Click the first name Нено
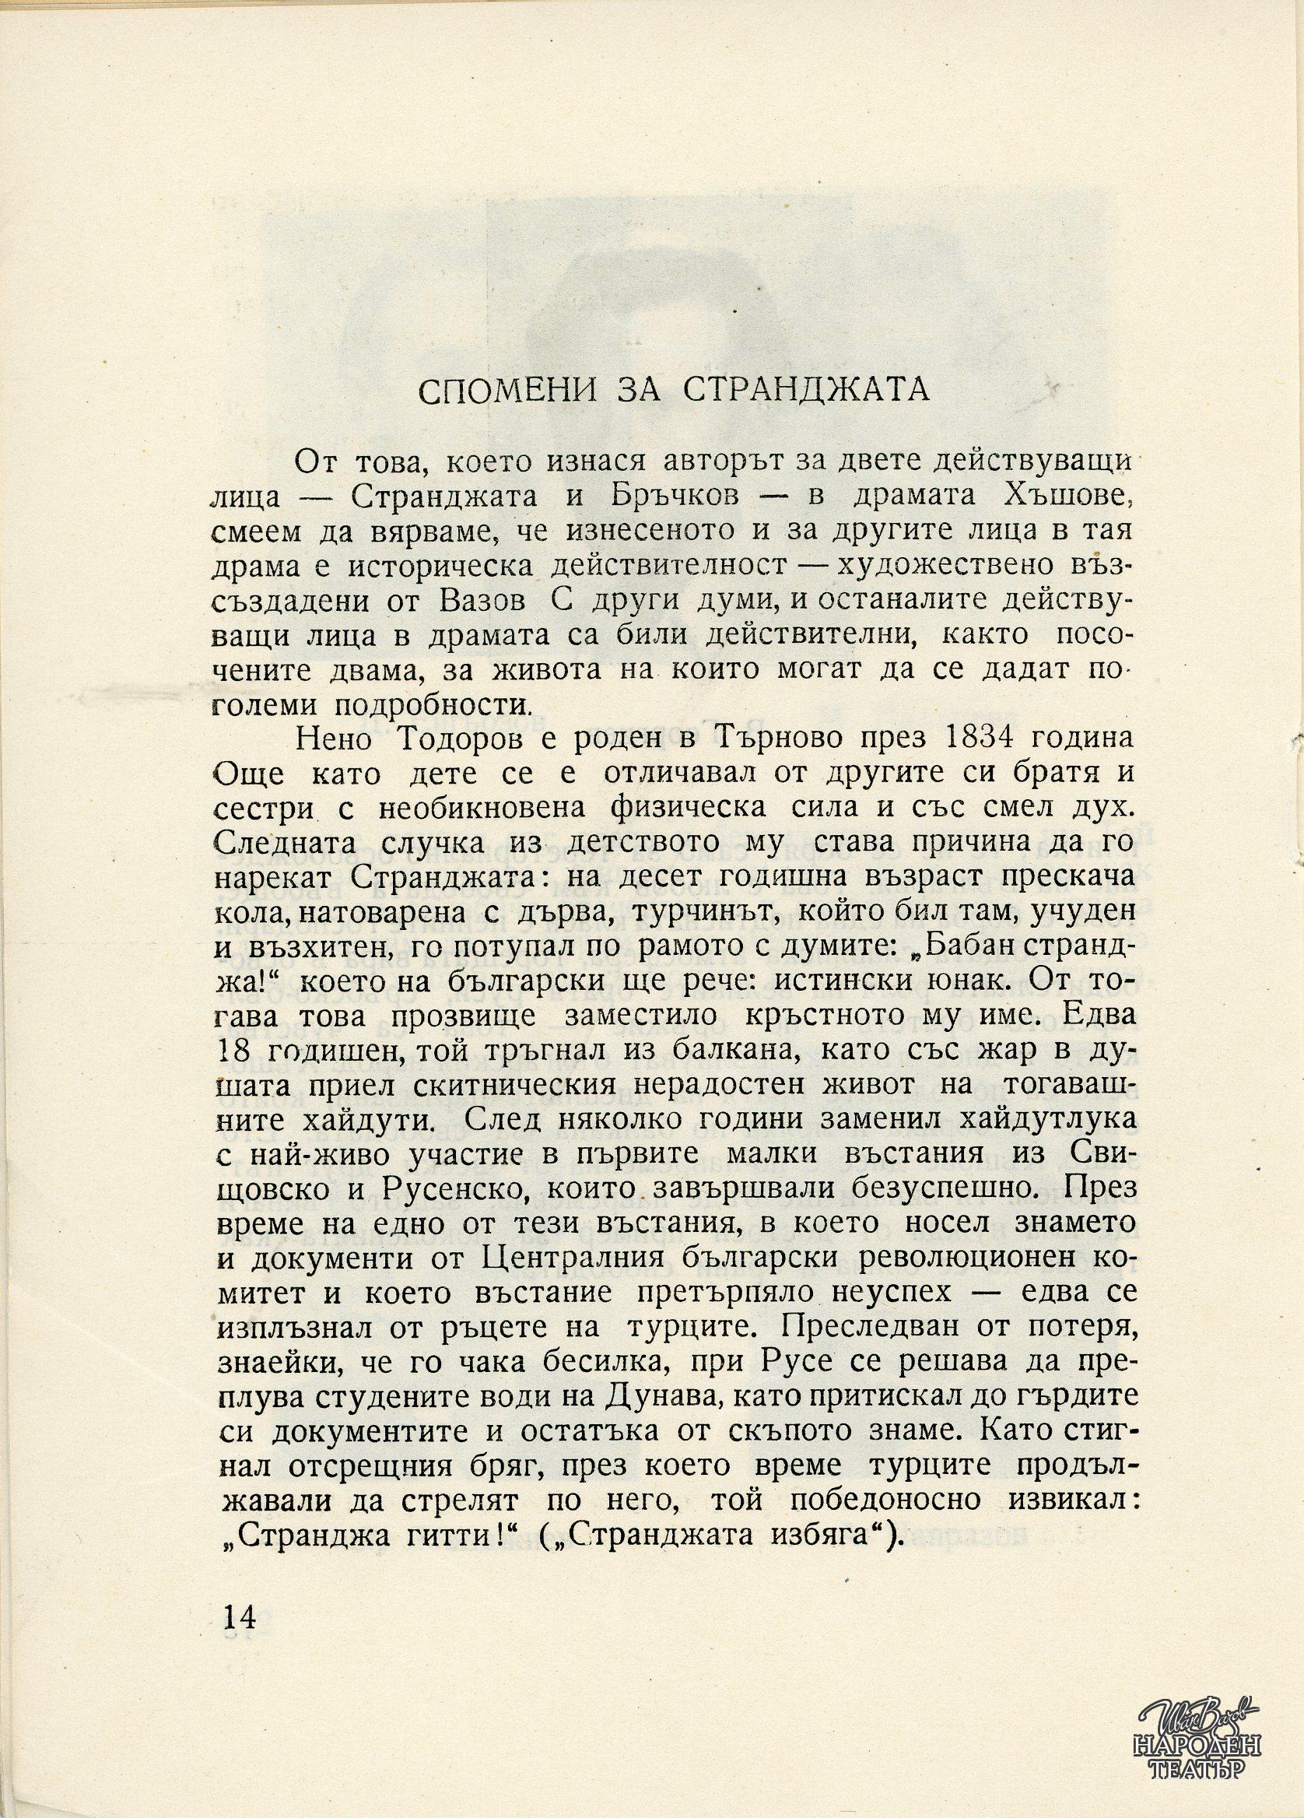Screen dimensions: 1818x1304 tap(329, 739)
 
